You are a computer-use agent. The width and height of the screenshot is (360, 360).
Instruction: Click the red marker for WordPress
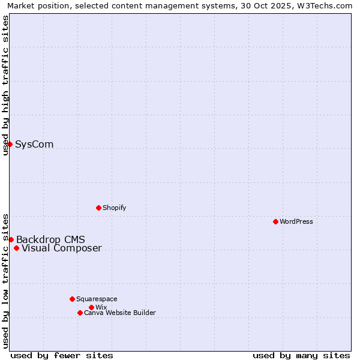click(x=275, y=221)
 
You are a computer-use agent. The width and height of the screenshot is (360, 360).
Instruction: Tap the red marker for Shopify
click(x=98, y=208)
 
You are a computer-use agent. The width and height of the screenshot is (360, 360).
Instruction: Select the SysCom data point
click(x=10, y=144)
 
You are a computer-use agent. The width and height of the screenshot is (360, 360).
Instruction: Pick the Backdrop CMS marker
click(x=11, y=239)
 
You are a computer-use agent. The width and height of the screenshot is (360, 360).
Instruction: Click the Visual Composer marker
click(x=16, y=248)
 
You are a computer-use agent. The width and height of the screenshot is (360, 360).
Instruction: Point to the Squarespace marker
click(x=72, y=299)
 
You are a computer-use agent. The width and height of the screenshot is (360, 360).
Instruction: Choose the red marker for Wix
click(x=91, y=307)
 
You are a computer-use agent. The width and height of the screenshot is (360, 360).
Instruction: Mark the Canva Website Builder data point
click(x=80, y=313)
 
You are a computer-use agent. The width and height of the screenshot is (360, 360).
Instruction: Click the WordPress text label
click(x=296, y=221)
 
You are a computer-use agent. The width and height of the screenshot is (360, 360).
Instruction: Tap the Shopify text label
click(x=115, y=208)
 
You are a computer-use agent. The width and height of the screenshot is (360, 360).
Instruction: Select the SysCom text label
click(x=34, y=144)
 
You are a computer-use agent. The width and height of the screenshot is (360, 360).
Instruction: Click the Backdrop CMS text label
click(x=50, y=240)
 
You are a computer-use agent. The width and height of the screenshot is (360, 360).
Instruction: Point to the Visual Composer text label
click(x=62, y=248)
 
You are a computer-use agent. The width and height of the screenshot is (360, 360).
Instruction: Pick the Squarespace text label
click(x=97, y=299)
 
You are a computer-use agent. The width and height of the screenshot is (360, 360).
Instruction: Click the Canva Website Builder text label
click(x=120, y=313)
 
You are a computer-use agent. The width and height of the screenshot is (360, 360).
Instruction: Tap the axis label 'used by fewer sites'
click(x=62, y=355)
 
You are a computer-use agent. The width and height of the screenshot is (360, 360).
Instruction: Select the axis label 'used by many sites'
click(x=301, y=355)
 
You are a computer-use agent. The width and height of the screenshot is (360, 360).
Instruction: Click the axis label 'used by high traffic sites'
click(x=6, y=85)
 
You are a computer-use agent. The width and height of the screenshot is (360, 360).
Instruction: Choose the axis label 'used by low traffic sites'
click(x=6, y=280)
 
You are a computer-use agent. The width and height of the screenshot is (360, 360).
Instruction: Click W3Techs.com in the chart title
click(x=328, y=5)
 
